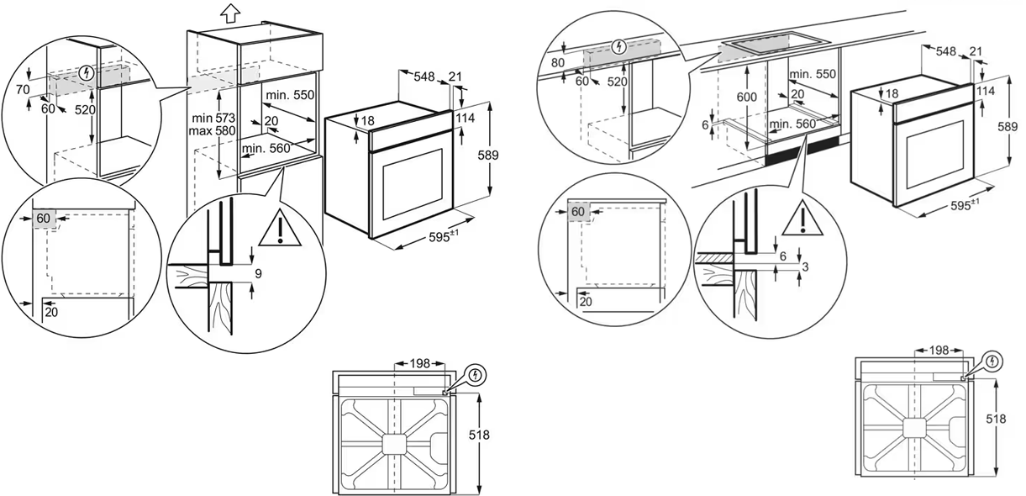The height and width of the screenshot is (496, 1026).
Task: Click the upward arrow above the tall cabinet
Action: [x=229, y=13]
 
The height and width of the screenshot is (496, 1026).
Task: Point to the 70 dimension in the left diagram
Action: [x=23, y=88]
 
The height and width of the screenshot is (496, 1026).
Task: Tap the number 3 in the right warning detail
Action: [x=806, y=266]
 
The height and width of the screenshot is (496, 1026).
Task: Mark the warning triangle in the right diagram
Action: [x=803, y=219]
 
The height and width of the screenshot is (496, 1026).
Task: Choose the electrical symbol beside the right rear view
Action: [x=994, y=362]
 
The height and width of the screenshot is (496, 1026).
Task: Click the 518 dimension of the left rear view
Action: [x=481, y=435]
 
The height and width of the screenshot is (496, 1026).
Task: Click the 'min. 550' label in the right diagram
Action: [x=813, y=75]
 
